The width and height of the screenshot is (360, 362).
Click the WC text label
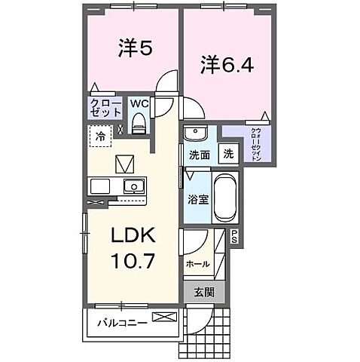[x=141, y=103]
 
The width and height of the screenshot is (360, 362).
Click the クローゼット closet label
[x=106, y=107]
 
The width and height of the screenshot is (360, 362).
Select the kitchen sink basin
[x=134, y=186]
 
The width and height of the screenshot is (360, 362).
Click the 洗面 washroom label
[x=198, y=155]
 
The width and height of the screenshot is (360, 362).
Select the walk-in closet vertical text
[x=255, y=144]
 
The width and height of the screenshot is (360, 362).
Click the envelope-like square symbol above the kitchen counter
[x=123, y=163]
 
